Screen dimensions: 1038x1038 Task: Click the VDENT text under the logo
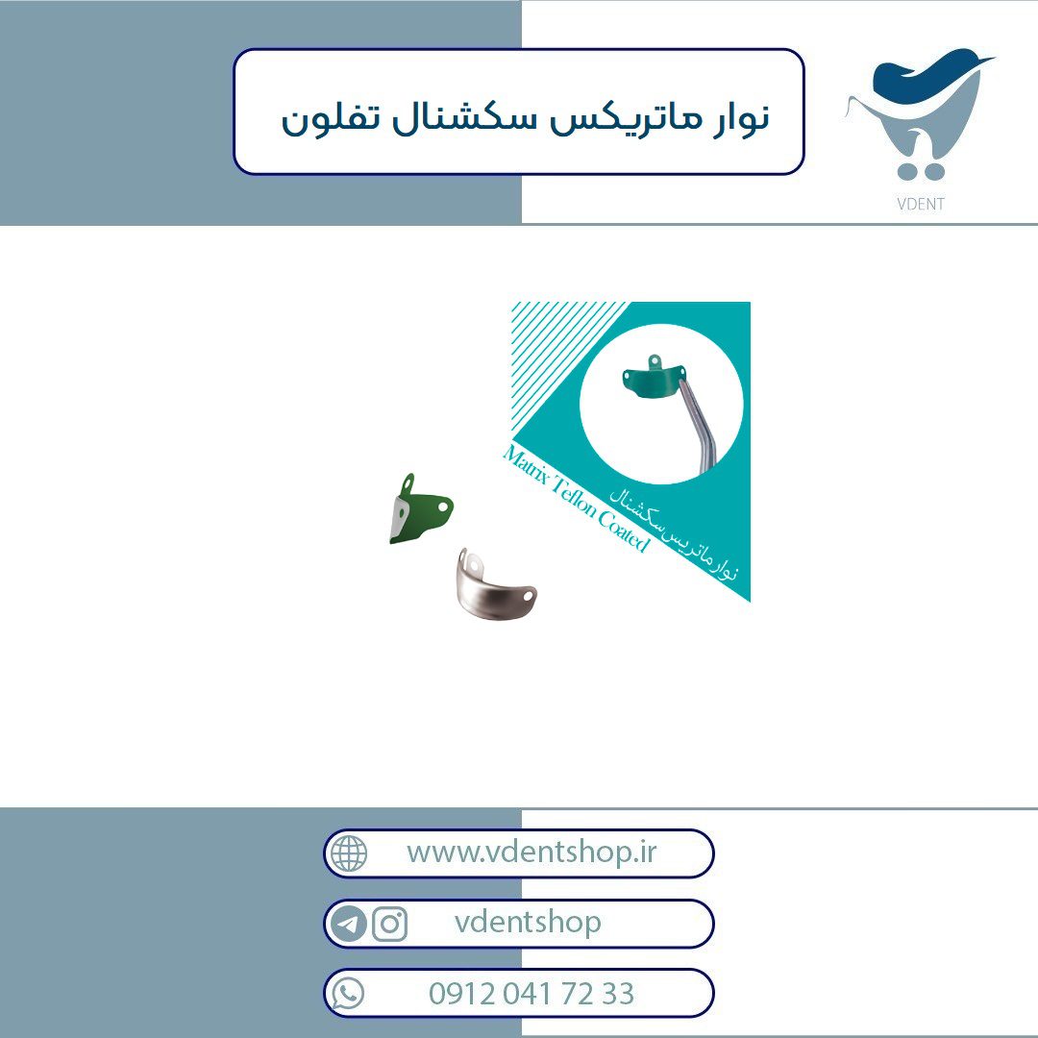click(x=920, y=204)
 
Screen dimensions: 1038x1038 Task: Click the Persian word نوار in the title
click(x=741, y=118)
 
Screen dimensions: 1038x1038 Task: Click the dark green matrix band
click(x=421, y=509)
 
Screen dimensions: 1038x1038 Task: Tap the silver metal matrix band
click(x=496, y=584)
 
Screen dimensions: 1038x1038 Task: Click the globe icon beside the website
click(x=349, y=853)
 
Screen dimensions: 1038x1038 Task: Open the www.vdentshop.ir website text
click(x=531, y=852)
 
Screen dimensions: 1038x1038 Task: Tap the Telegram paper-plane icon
click(x=349, y=923)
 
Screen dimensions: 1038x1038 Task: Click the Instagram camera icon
click(x=389, y=923)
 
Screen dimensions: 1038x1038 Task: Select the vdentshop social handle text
click(x=528, y=922)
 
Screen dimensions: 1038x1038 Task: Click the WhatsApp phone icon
click(x=348, y=993)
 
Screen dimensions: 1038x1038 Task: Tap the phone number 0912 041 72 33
click(x=531, y=993)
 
